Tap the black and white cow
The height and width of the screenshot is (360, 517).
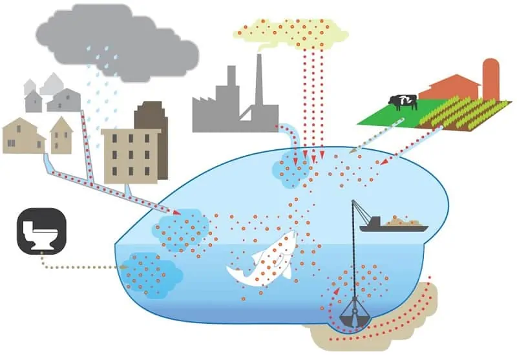coord(403,102)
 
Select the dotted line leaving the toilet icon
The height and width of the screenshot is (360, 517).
coord(78,266)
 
